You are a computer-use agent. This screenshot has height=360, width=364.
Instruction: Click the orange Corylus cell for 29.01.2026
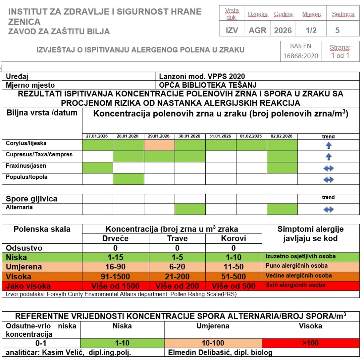click(159, 145)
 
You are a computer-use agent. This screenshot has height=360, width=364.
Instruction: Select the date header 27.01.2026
click(97, 136)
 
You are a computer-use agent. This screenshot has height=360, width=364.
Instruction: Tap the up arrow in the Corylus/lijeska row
click(328, 145)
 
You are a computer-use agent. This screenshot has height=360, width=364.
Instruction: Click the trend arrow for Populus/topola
click(328, 179)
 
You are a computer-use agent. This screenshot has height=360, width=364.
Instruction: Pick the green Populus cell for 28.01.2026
click(128, 179)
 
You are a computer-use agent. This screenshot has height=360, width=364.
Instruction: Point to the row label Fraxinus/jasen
click(26, 166)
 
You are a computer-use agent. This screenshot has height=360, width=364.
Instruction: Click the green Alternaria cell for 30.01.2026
click(190, 209)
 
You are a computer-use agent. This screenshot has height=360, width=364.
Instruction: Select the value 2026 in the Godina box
click(283, 30)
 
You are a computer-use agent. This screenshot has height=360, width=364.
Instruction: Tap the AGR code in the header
click(257, 30)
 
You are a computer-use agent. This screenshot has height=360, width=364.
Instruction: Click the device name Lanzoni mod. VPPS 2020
click(202, 76)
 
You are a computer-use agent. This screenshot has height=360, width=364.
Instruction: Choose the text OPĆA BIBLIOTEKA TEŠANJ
click(208, 85)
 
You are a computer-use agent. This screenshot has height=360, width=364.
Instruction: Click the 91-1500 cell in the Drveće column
click(115, 276)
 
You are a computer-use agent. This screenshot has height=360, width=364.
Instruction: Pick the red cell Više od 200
click(177, 286)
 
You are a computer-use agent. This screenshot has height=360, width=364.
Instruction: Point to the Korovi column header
click(233, 239)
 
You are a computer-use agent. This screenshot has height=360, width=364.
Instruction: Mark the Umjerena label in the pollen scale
click(24, 267)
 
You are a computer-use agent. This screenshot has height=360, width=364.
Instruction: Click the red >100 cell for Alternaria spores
click(310, 343)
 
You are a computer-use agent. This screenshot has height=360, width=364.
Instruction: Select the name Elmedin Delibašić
click(195, 352)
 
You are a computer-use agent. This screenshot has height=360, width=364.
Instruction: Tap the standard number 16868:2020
click(301, 56)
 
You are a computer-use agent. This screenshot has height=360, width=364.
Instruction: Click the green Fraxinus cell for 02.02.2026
click(282, 168)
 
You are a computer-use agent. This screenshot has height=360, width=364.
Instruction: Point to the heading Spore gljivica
click(32, 199)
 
